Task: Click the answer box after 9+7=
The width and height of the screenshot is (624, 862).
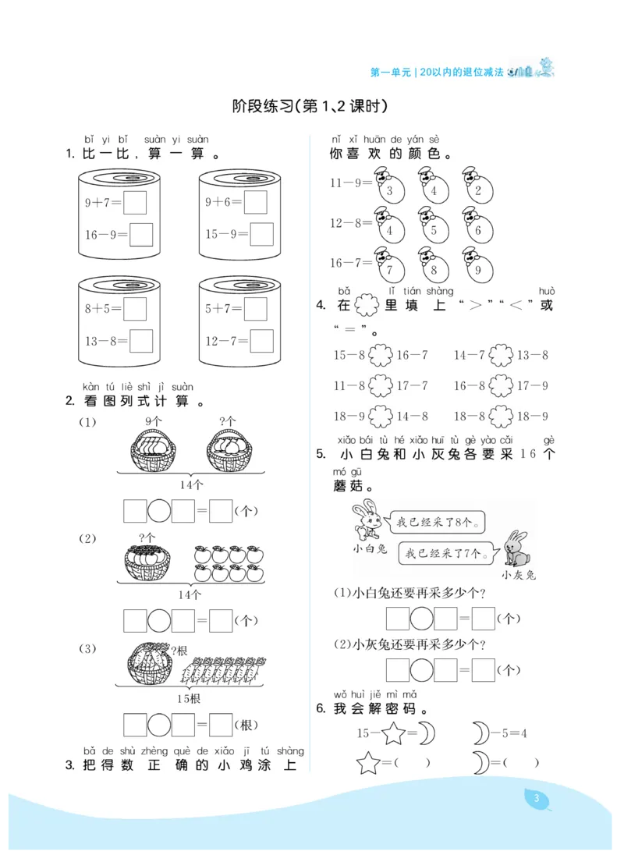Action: (x=136, y=203)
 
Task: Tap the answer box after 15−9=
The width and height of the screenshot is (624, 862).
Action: (x=262, y=234)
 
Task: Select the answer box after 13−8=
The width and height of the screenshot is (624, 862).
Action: (x=141, y=341)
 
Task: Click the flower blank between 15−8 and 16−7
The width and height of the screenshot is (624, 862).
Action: (x=381, y=356)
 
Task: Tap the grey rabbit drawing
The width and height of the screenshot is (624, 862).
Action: (x=515, y=550)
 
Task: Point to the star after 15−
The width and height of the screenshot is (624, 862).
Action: (x=394, y=733)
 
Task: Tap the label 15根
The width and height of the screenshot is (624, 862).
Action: (x=189, y=698)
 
